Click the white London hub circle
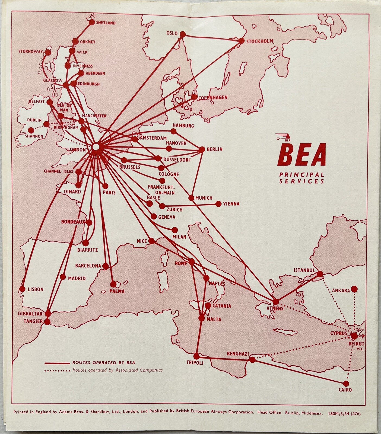[x=96, y=147]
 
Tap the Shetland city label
[x=106, y=23]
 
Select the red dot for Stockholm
[x=241, y=41]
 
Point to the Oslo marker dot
[x=183, y=34]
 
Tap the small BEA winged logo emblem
[x=282, y=137]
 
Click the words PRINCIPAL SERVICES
[x=302, y=178]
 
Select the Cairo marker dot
[x=346, y=383]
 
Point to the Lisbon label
[x=35, y=289]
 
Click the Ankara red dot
[x=354, y=289]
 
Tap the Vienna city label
[x=231, y=204]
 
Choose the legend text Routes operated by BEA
[x=103, y=362]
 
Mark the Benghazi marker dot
[x=252, y=360]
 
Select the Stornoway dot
[x=48, y=52]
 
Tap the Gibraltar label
[x=30, y=314]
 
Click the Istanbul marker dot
[x=320, y=274]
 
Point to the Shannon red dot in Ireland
[x=31, y=130]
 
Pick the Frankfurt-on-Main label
[x=161, y=190]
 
